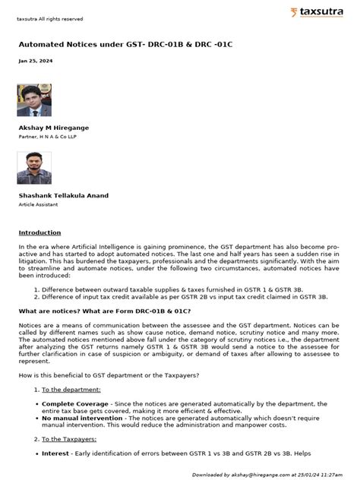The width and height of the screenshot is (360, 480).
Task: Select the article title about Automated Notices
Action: tap(125, 44)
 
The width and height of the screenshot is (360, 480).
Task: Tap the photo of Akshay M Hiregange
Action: tap(34, 99)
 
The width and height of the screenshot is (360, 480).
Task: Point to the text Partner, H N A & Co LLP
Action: tap(49, 138)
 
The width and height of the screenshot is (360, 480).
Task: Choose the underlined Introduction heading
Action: tap(39, 232)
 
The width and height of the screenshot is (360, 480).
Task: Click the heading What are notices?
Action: tap(104, 311)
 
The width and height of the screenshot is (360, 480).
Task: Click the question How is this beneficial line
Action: tap(109, 375)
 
